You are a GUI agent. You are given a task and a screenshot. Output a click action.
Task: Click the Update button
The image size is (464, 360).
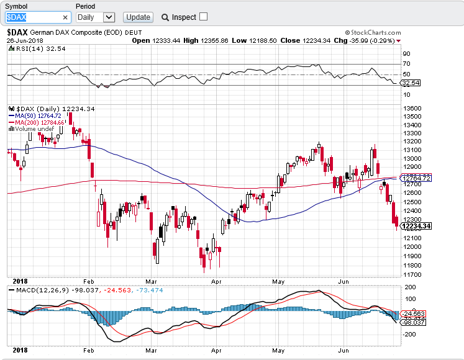point(138,17)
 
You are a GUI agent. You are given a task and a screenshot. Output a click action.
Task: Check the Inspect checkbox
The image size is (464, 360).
point(204,17)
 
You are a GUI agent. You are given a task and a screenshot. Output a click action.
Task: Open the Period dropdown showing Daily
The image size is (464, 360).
point(96,17)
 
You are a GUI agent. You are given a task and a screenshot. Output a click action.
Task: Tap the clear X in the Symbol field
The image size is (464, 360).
point(66,17)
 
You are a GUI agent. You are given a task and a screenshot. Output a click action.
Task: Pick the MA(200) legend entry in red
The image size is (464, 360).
point(38,122)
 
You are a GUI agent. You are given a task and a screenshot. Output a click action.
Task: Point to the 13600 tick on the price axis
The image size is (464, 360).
point(412,108)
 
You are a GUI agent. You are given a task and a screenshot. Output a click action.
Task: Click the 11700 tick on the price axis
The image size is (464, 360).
point(412,274)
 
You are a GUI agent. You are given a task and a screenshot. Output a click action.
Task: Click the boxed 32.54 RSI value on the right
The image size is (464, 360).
point(411,83)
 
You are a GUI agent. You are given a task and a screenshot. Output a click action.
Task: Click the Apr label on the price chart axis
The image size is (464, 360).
point(216,281)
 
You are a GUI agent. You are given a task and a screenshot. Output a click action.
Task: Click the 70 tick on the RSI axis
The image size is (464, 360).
point(406,63)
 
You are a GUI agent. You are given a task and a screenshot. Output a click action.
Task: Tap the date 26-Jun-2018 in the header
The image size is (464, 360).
point(24,40)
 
